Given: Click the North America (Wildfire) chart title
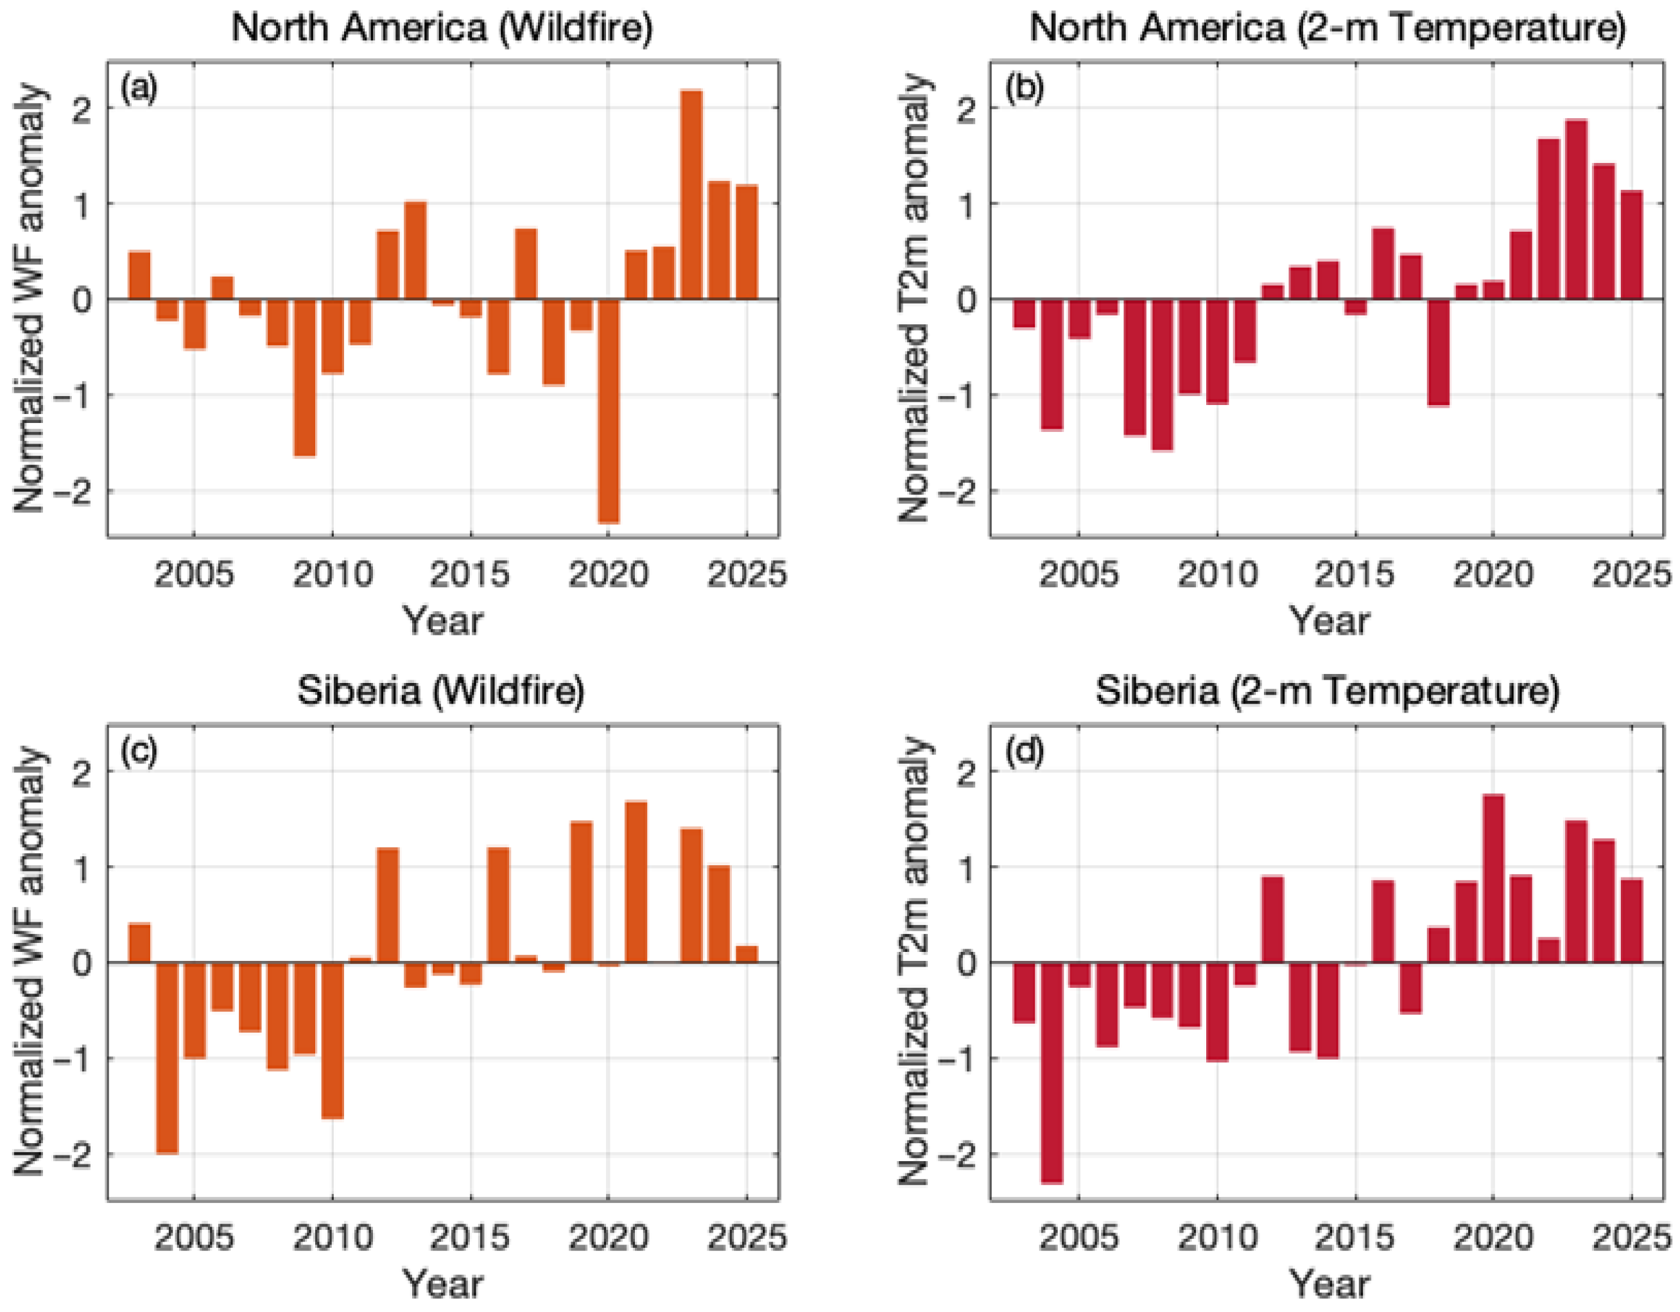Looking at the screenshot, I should coord(442,28).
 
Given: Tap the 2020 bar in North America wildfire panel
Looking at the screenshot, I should coord(609,411).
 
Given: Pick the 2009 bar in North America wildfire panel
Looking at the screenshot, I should coord(305,377).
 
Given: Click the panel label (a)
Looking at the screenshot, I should coord(139,89).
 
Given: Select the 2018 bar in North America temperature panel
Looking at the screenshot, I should coord(1438,352).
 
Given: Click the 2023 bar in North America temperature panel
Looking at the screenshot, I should coord(1576,209).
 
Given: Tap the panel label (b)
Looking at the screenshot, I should coord(1024,89).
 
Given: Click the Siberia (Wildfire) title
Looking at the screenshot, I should coord(441,691).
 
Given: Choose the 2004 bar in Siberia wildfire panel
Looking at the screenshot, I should coord(167,1057).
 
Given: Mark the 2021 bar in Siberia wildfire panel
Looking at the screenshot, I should coord(636,881).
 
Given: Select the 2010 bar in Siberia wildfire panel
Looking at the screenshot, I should coord(333,1040).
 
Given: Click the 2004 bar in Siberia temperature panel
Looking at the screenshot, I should coord(1051,1072).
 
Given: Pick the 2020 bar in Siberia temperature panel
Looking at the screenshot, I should coord(1493,878).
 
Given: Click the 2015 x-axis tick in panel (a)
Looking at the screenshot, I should coord(470,574).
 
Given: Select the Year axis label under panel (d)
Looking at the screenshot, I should coord(1328,1284).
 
